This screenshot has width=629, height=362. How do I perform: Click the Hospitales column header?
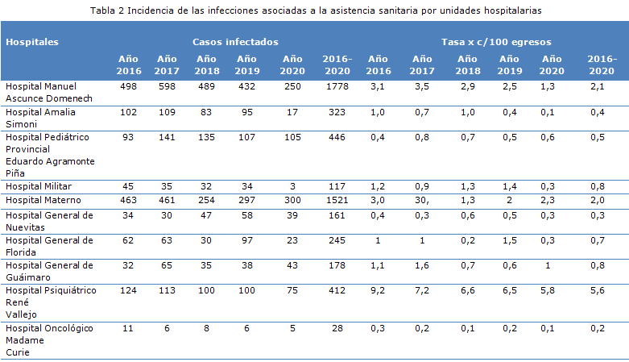point(32,41)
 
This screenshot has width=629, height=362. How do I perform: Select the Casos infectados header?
point(235,41)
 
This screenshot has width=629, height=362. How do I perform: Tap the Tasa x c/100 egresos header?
point(496,41)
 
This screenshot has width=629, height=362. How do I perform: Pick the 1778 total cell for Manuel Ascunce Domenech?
point(336,86)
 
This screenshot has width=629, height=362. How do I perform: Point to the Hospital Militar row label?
point(38,186)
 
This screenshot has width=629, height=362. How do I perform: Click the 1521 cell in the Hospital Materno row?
point(336,199)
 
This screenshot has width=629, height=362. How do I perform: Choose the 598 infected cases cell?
point(167,86)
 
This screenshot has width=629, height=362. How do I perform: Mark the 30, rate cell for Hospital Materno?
point(422,199)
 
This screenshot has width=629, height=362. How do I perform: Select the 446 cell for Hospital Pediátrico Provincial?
point(336,136)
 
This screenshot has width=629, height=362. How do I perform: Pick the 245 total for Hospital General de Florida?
point(336,239)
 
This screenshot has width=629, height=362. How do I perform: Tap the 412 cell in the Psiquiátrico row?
point(336,289)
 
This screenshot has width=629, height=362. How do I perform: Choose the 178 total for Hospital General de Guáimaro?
point(336,264)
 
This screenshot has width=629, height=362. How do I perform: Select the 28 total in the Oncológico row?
point(336,328)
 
